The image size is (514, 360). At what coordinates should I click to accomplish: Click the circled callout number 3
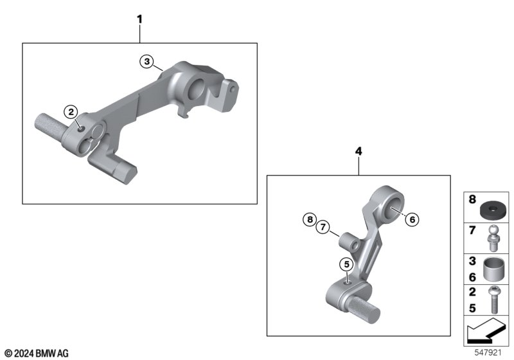[x=147, y=61]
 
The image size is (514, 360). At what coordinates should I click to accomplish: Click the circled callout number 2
[x=71, y=112]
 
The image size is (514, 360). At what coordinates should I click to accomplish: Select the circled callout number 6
[x=412, y=219]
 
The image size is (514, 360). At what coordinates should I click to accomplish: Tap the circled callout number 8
[x=310, y=219]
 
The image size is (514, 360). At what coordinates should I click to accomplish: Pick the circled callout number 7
[x=323, y=227]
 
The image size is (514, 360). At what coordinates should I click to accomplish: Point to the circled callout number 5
[x=347, y=264]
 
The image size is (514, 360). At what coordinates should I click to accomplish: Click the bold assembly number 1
[x=140, y=19]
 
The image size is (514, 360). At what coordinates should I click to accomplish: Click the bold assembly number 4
[x=359, y=151]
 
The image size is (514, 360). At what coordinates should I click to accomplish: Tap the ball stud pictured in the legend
[x=493, y=238]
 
